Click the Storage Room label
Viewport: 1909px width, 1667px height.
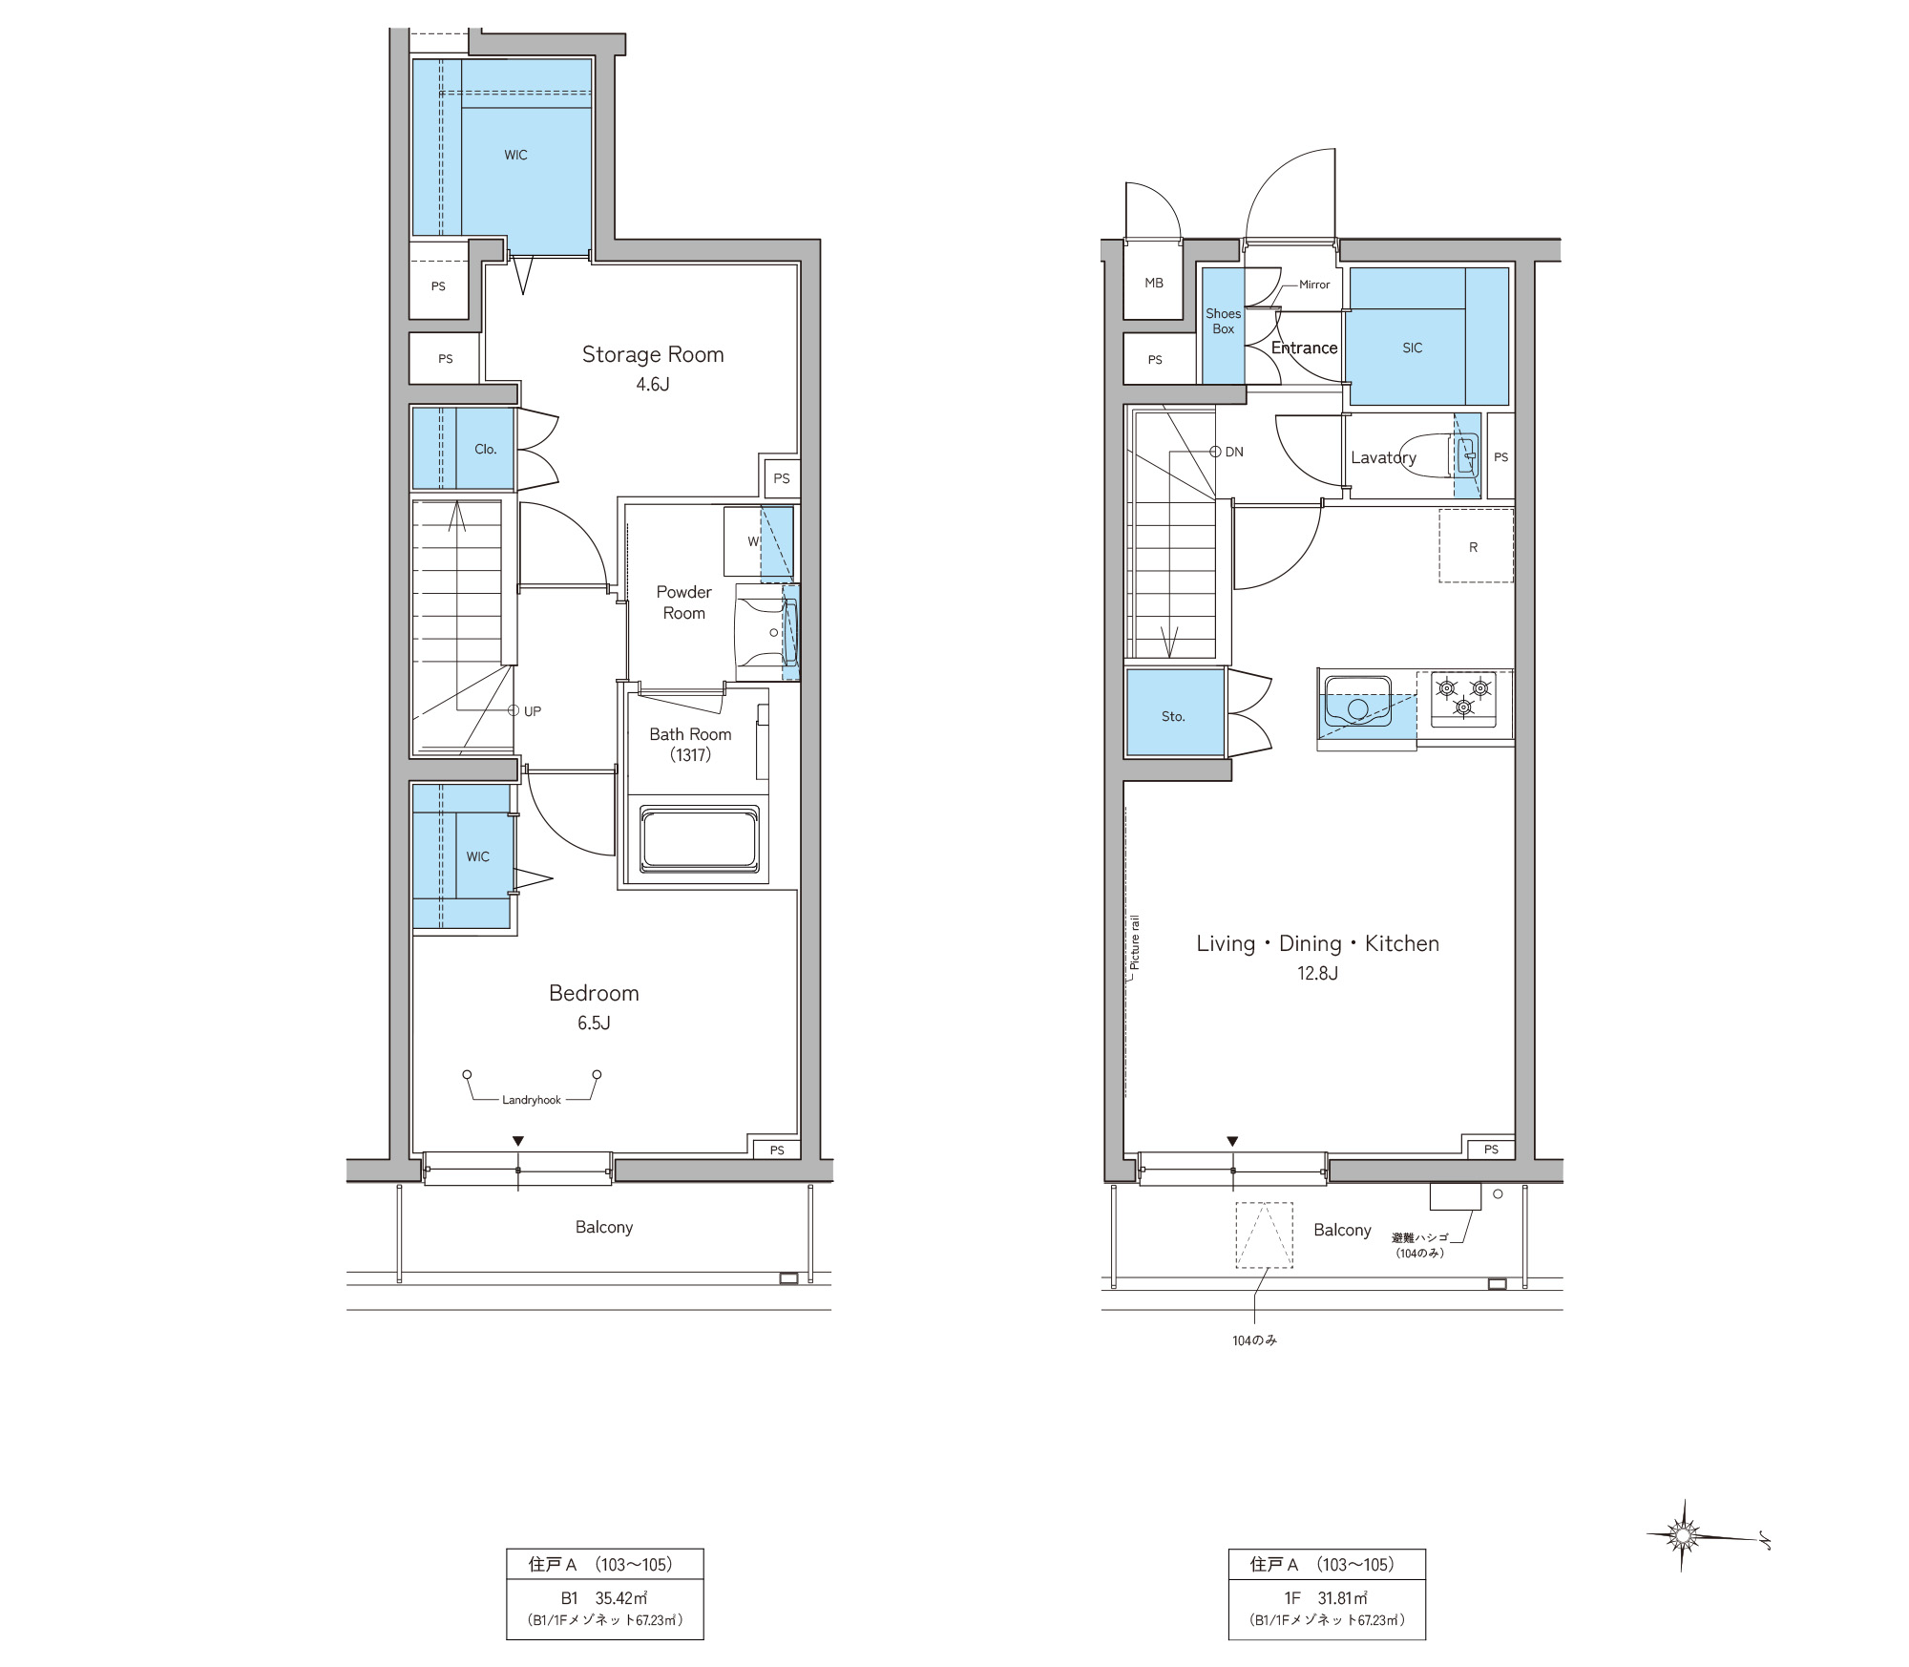653,354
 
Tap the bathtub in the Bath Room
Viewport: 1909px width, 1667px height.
700,840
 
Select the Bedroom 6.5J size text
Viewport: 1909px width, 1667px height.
594,1023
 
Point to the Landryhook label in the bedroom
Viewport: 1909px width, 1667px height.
532,1100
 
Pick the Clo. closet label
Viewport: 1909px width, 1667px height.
486,449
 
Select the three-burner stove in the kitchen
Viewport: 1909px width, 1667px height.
1463,699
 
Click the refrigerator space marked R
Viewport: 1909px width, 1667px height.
1476,545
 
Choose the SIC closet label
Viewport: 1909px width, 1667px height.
1413,348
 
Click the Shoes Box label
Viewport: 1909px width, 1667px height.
1224,321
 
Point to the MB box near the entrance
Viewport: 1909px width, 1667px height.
1154,283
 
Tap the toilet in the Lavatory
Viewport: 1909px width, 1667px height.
1436,455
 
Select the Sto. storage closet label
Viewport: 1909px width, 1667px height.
1173,716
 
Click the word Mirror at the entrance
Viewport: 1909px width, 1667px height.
1314,285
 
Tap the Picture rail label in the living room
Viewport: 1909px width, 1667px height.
1135,943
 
